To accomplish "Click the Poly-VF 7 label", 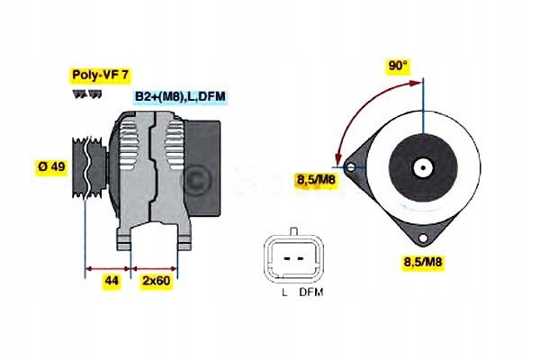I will point(99,76).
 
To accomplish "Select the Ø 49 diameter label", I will point(49,168).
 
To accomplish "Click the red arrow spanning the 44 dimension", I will point(109,267).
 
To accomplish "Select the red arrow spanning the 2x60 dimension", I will point(155,267).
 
